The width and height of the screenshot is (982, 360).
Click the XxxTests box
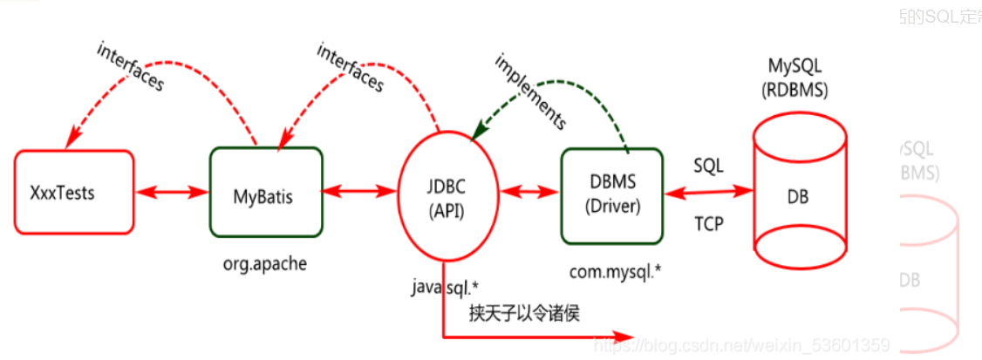click(x=74, y=192)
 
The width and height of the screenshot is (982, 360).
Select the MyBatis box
click(x=266, y=192)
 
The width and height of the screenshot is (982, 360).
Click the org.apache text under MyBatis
click(x=265, y=264)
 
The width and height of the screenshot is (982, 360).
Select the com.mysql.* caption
click(x=616, y=271)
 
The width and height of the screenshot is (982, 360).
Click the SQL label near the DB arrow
click(x=708, y=164)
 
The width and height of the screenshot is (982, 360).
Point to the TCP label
click(x=708, y=223)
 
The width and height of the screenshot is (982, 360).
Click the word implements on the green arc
click(x=530, y=90)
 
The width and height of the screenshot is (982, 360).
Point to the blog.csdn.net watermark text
click(x=741, y=345)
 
